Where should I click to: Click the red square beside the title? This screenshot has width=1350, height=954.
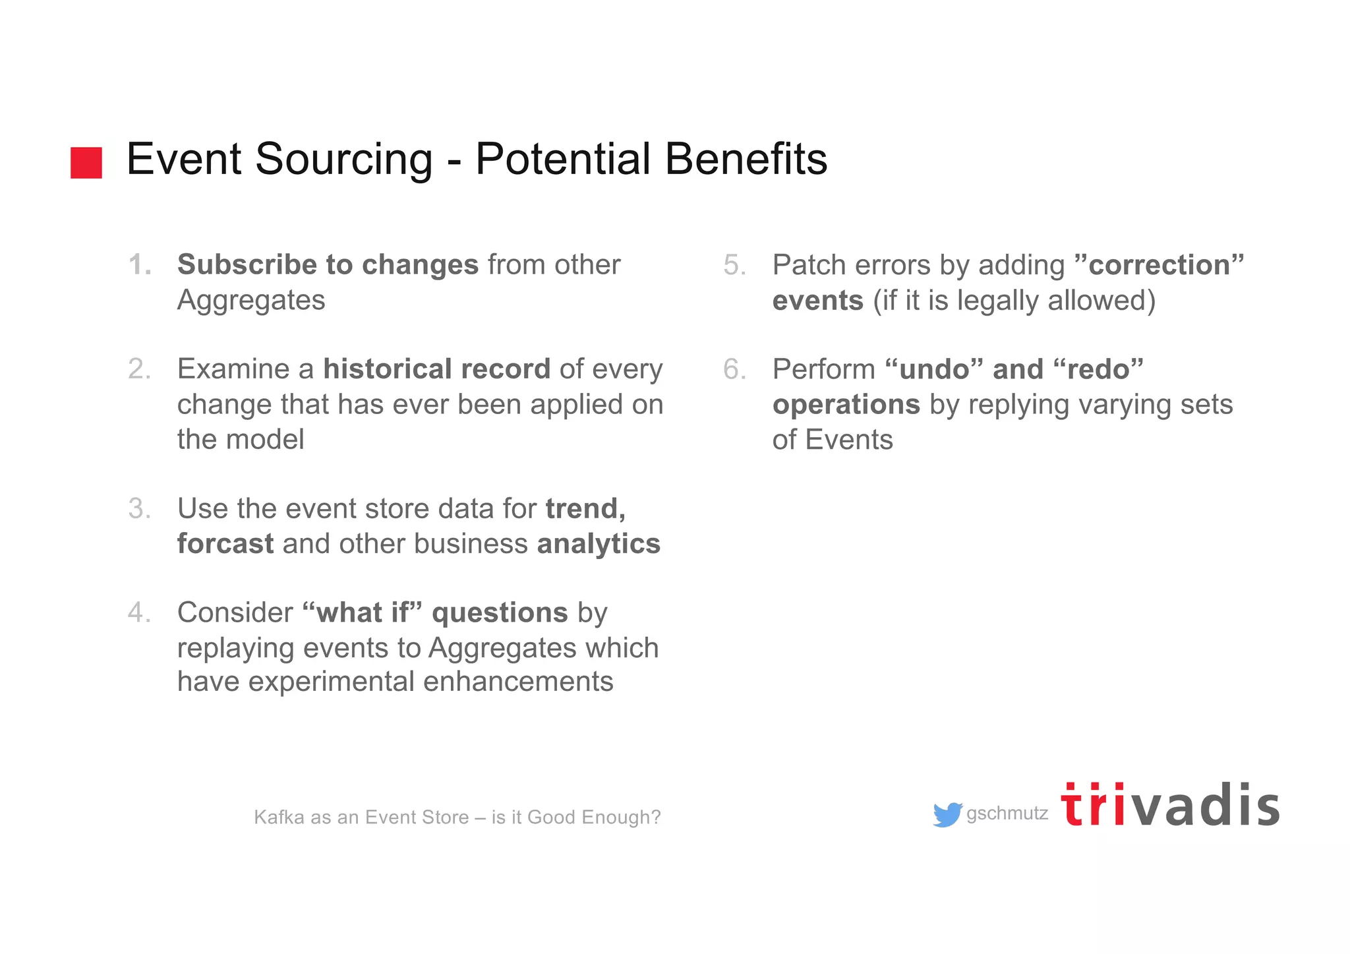point(86,163)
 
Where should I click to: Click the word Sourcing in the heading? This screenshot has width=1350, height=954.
point(343,160)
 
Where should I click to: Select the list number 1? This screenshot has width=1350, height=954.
point(139,265)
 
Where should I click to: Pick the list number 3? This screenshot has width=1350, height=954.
point(139,509)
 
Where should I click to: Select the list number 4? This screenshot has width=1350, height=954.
point(139,613)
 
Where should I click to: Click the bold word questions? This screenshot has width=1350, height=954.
point(500,613)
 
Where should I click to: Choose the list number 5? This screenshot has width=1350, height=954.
point(734,265)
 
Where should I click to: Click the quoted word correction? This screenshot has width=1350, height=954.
point(1159,265)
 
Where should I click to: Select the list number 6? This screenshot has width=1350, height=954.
point(734,369)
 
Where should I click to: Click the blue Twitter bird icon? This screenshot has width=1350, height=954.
point(947,815)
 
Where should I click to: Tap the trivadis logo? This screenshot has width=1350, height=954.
point(1170,806)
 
